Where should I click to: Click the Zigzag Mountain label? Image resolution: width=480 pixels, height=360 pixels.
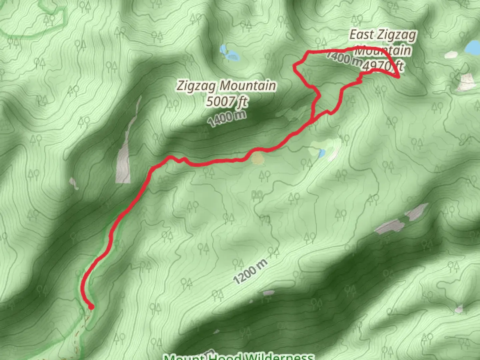[226, 86]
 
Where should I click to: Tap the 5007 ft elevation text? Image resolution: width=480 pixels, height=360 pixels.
[226, 101]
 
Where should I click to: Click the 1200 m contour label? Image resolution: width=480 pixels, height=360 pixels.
[250, 272]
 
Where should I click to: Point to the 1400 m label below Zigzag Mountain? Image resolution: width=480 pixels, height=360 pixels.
[227, 118]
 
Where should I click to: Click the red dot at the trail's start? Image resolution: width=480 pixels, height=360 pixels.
[91, 307]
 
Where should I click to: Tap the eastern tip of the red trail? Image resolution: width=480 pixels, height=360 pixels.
[399, 77]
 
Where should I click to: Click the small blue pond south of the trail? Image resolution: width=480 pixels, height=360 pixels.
[322, 153]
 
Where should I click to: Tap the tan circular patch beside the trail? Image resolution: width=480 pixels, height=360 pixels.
[257, 159]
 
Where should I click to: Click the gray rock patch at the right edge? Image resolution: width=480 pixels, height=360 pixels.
[466, 82]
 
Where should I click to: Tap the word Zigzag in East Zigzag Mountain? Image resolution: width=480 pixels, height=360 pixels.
[401, 35]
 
